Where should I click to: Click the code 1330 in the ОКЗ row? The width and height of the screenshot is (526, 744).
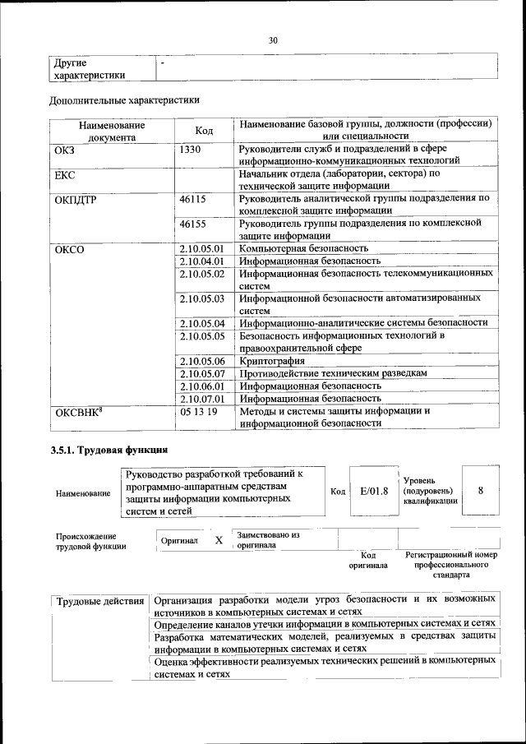(x=190, y=150)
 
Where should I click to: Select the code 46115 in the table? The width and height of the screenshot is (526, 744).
(x=192, y=199)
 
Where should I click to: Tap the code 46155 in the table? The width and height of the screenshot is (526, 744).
(x=192, y=224)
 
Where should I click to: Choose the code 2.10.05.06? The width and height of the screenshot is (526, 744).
(x=201, y=361)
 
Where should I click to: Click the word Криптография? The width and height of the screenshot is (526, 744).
(x=272, y=361)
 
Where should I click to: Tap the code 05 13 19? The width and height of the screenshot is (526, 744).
(x=198, y=411)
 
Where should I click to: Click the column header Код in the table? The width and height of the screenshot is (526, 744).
(x=204, y=131)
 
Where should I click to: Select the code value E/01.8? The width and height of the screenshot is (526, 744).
(x=373, y=492)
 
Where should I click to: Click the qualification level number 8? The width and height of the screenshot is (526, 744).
(x=481, y=491)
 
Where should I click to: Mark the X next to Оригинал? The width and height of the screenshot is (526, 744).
(x=219, y=541)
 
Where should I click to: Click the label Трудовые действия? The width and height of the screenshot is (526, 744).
(x=99, y=603)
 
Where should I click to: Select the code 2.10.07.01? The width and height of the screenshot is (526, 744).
(x=201, y=398)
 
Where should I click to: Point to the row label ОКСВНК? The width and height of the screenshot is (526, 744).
(x=77, y=411)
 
